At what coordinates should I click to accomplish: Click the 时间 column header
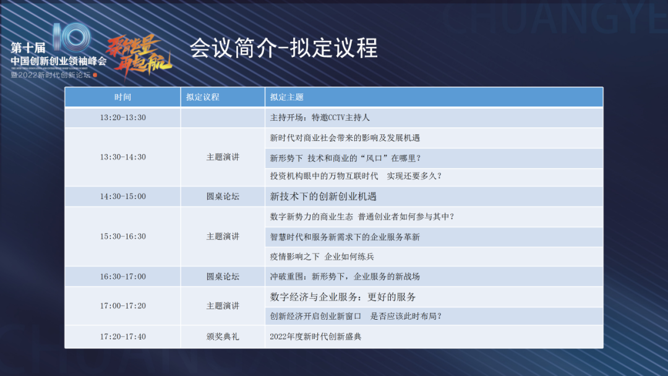(x=122, y=97)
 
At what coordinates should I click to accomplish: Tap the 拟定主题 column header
(x=287, y=97)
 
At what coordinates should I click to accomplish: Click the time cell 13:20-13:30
(x=122, y=117)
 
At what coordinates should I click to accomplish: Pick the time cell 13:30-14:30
(x=122, y=157)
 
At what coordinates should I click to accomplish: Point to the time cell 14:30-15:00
(x=122, y=197)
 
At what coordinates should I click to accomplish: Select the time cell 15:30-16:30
(x=122, y=236)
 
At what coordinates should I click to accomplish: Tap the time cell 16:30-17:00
(x=122, y=276)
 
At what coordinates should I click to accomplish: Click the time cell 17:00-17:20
(x=122, y=306)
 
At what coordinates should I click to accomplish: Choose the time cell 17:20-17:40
(x=122, y=337)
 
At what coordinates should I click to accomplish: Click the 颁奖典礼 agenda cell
(x=223, y=337)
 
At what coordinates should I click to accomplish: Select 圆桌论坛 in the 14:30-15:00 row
(x=223, y=197)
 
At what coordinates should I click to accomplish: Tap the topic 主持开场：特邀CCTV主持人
(x=320, y=117)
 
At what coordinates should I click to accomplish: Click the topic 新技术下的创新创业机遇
(x=323, y=197)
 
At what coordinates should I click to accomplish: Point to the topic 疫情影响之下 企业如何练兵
(x=322, y=257)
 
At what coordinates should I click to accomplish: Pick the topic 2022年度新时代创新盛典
(x=315, y=337)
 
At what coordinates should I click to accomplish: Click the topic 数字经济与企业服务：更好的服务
(x=343, y=297)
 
